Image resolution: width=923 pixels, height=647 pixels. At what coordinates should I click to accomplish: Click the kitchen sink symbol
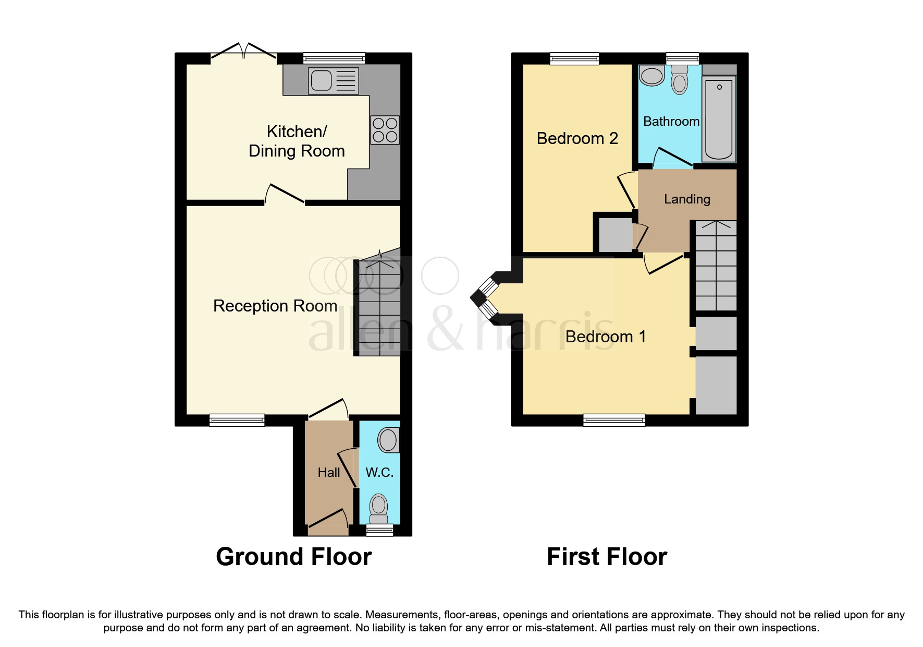(x=333, y=81)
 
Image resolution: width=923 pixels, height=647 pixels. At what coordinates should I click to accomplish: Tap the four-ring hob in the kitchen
(x=385, y=130)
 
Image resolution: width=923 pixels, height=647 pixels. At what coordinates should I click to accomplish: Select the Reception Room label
(x=275, y=306)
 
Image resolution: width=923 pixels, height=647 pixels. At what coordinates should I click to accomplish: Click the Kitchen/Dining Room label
(x=297, y=141)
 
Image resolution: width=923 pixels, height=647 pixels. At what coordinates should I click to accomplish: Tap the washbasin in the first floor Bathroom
(x=651, y=76)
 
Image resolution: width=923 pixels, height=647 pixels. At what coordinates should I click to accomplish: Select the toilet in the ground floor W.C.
(x=379, y=508)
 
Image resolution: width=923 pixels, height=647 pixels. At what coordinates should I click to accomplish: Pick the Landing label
(x=687, y=199)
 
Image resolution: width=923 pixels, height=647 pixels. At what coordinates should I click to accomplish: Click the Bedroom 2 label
(x=577, y=138)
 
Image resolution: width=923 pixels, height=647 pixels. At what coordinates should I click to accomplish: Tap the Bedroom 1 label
(x=606, y=337)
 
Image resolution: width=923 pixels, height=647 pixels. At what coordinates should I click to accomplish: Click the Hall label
(x=329, y=472)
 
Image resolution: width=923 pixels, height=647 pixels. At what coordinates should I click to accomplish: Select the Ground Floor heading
(x=293, y=557)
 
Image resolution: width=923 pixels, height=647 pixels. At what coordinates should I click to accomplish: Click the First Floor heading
(x=607, y=557)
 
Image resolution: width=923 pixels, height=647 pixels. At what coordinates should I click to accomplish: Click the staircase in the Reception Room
(x=379, y=308)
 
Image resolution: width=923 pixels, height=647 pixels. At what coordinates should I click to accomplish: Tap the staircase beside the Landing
(x=716, y=266)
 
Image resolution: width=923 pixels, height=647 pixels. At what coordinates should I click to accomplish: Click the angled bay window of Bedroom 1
(x=485, y=297)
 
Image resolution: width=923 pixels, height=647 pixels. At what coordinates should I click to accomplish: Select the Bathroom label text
(x=671, y=122)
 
